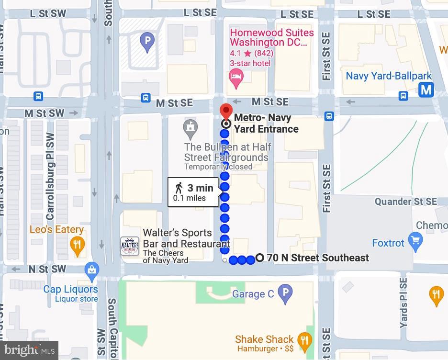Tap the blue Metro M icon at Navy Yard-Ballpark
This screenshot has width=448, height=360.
pyautogui.click(x=426, y=90)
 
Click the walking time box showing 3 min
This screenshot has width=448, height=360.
pyautogui.click(x=194, y=192)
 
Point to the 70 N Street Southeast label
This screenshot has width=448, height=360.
pyautogui.click(x=318, y=258)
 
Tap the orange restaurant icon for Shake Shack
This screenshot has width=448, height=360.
pyautogui.click(x=303, y=340)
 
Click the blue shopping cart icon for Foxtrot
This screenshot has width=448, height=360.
pyautogui.click(x=415, y=240)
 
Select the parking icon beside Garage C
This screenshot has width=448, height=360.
pyautogui.click(x=285, y=293)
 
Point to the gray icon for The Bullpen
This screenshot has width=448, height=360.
pyautogui.click(x=191, y=128)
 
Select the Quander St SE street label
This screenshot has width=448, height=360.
pyautogui.click(x=405, y=202)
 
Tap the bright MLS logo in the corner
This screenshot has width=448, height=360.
pyautogui.click(x=29, y=350)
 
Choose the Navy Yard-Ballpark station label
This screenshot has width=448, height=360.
pyautogui.click(x=389, y=76)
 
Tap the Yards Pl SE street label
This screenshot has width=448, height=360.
pyautogui.click(x=403, y=302)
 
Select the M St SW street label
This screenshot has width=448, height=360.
pyautogui.click(x=44, y=113)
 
